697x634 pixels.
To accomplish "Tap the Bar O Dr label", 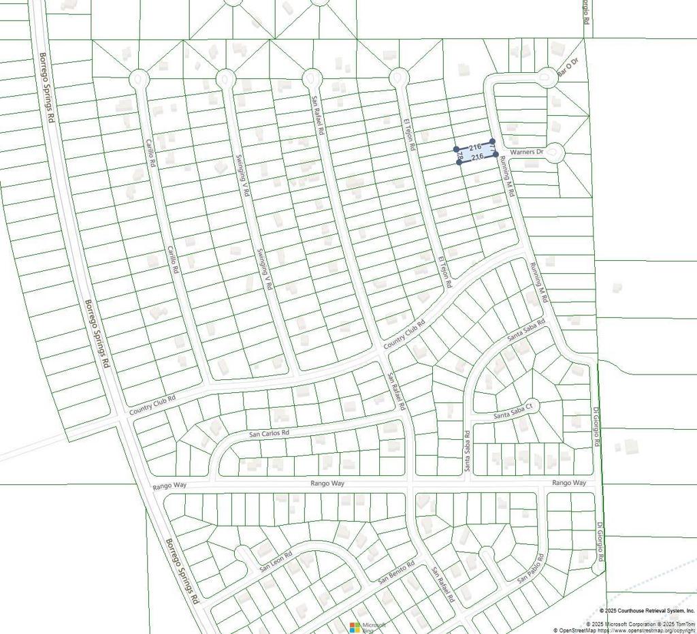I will tap(567, 67).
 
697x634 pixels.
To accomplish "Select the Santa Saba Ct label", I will tap(517, 414).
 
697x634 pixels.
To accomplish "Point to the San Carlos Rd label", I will tap(270, 433).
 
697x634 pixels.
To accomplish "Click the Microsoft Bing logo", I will tap(368, 627).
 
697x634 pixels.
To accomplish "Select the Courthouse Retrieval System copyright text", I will tap(647, 612).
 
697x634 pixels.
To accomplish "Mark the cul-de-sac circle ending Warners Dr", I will tap(554, 152).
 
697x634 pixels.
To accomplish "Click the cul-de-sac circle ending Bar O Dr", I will tap(548, 78).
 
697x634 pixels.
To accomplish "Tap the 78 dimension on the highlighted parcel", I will tap(459, 157).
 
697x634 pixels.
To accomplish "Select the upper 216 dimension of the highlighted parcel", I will tap(476, 146).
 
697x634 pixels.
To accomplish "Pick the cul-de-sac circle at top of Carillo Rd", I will tap(140, 79).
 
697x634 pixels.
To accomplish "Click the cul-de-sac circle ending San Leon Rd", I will tap(242, 552).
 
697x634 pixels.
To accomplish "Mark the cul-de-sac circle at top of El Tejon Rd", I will tap(398, 78).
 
